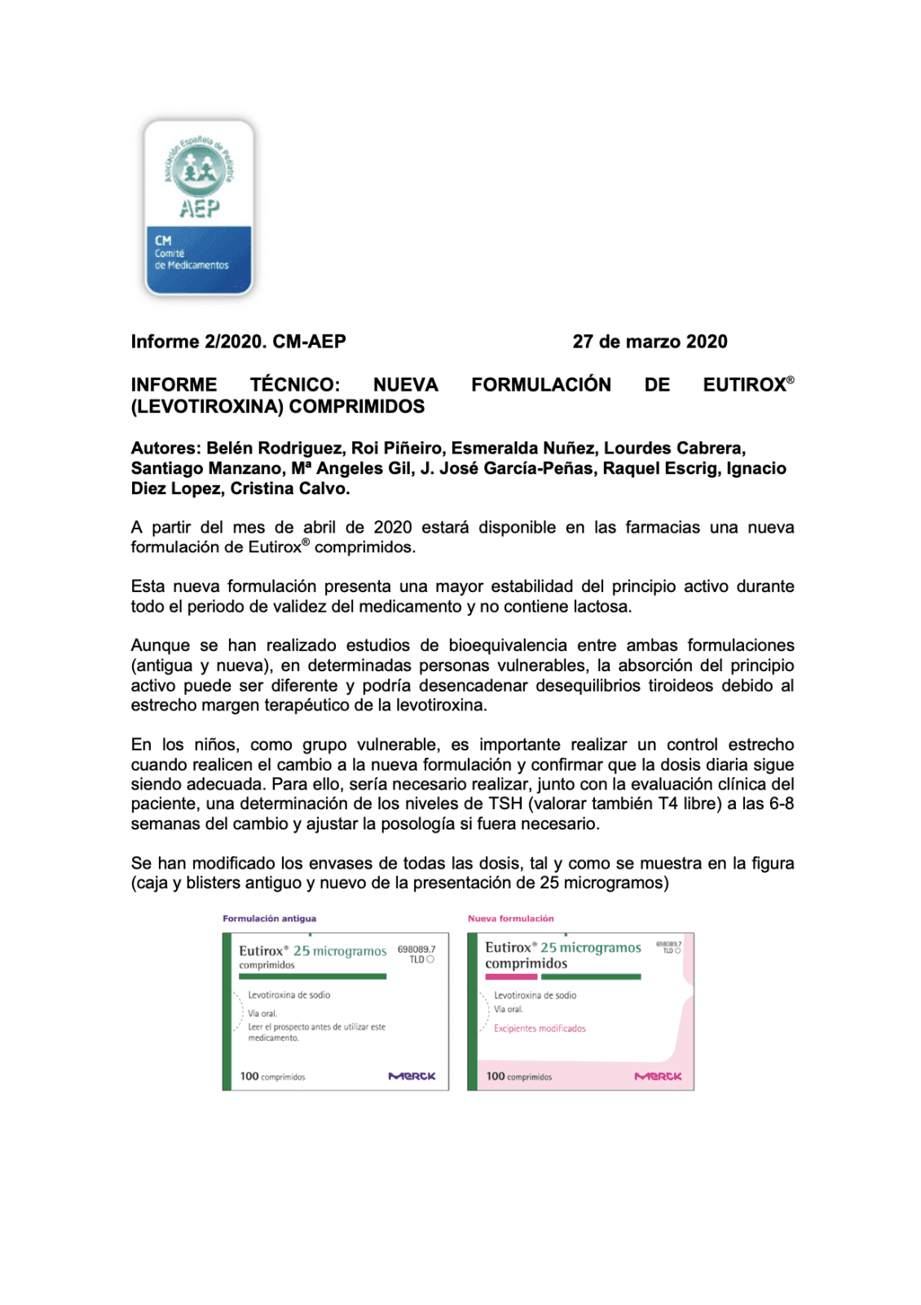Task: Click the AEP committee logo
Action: point(199,208)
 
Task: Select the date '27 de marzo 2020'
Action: point(650,342)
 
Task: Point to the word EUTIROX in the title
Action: point(744,385)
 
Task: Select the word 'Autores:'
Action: point(165,448)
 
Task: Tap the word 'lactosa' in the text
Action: point(602,606)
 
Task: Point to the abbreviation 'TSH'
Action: point(505,803)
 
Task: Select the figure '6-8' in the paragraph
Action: point(781,803)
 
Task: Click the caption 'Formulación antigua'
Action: point(269,918)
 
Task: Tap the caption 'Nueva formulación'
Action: point(510,918)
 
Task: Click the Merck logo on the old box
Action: point(412,1076)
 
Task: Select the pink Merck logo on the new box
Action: point(658,1077)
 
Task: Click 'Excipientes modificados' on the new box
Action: point(540,1029)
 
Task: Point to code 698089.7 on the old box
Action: point(416,949)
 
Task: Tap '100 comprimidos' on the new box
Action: point(518,1077)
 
